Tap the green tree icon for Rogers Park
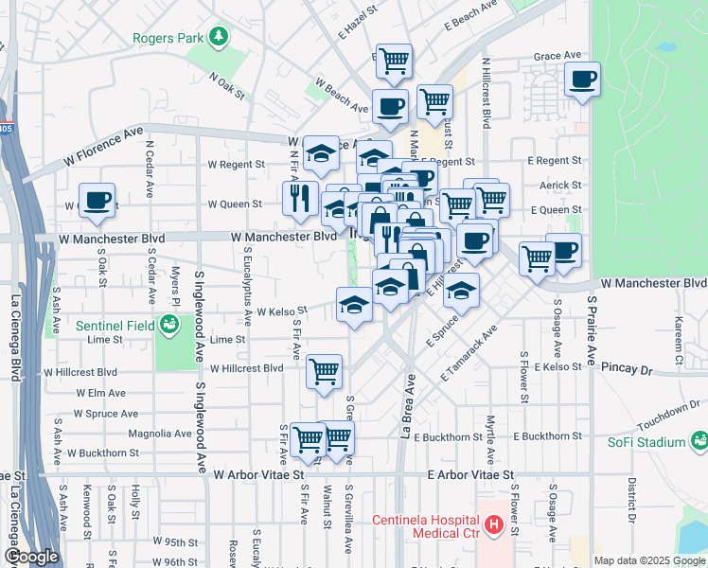220,37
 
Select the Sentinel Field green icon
169,326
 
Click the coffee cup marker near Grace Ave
583,79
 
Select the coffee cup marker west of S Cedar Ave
97,201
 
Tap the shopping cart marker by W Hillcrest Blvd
324,370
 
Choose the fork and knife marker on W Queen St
299,198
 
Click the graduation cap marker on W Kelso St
354,306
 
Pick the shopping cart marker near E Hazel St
394,62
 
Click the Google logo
31,557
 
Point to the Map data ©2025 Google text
649,560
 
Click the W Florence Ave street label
103,149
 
